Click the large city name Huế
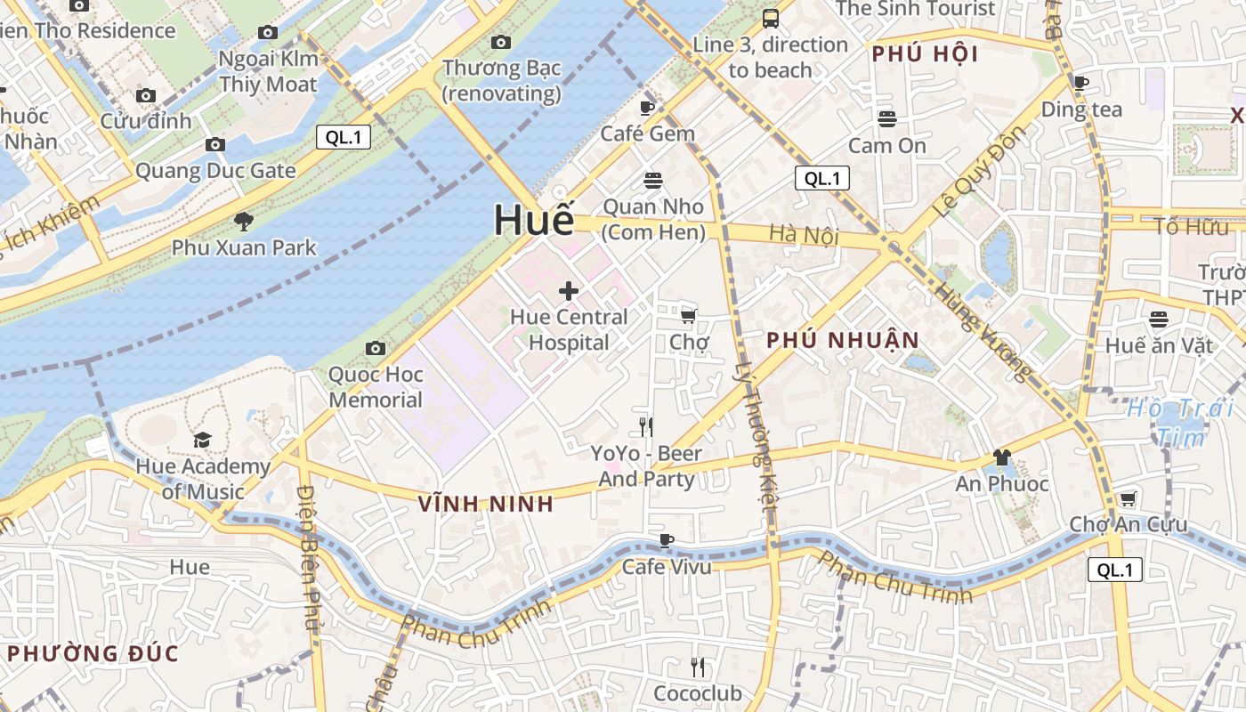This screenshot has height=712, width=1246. (x=534, y=221)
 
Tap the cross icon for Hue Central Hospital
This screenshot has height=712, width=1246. (x=569, y=290)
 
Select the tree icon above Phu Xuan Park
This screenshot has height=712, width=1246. (x=243, y=222)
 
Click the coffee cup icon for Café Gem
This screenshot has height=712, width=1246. (x=647, y=108)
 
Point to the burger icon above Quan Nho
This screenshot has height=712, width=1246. (x=653, y=181)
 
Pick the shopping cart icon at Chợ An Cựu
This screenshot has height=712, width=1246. (x=1128, y=498)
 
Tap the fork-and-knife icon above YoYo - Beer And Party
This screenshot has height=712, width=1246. (x=646, y=427)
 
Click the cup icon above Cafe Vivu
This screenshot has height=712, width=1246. (x=667, y=539)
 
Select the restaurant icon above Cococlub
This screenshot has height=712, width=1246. (x=698, y=667)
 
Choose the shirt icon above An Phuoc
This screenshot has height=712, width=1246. (x=1002, y=457)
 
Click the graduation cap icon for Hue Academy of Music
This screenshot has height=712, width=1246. (x=203, y=440)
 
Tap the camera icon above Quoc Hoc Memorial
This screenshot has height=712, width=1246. (x=376, y=348)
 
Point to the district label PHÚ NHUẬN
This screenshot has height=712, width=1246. (x=842, y=340)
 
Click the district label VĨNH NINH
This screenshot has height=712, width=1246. (x=486, y=504)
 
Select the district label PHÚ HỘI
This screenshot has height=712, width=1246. (x=925, y=54)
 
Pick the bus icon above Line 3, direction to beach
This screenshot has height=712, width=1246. (x=771, y=18)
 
